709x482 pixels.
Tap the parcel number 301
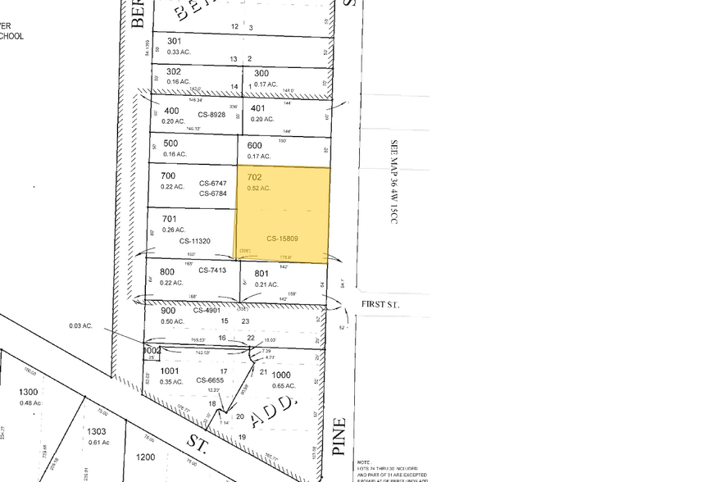[x=174, y=40]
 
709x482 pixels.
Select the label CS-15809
[x=282, y=239]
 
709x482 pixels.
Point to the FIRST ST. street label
[x=380, y=305]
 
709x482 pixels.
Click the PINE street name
[x=341, y=437]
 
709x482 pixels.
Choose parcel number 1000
[x=281, y=374]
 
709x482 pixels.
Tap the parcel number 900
[x=168, y=311]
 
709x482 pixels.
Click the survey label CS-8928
[x=211, y=115]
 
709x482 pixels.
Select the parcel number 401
[x=258, y=108]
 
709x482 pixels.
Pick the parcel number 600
[x=255, y=146]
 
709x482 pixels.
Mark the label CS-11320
[x=194, y=241]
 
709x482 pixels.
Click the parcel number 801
[x=261, y=274]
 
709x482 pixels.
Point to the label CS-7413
[x=212, y=271]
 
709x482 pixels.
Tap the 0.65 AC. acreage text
[x=284, y=385]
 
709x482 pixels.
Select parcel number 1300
[x=30, y=393]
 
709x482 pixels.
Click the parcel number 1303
[x=97, y=431]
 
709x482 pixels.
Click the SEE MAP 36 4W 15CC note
[x=393, y=182]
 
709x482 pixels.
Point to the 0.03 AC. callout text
[x=81, y=326]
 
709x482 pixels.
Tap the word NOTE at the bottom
[x=364, y=462]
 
